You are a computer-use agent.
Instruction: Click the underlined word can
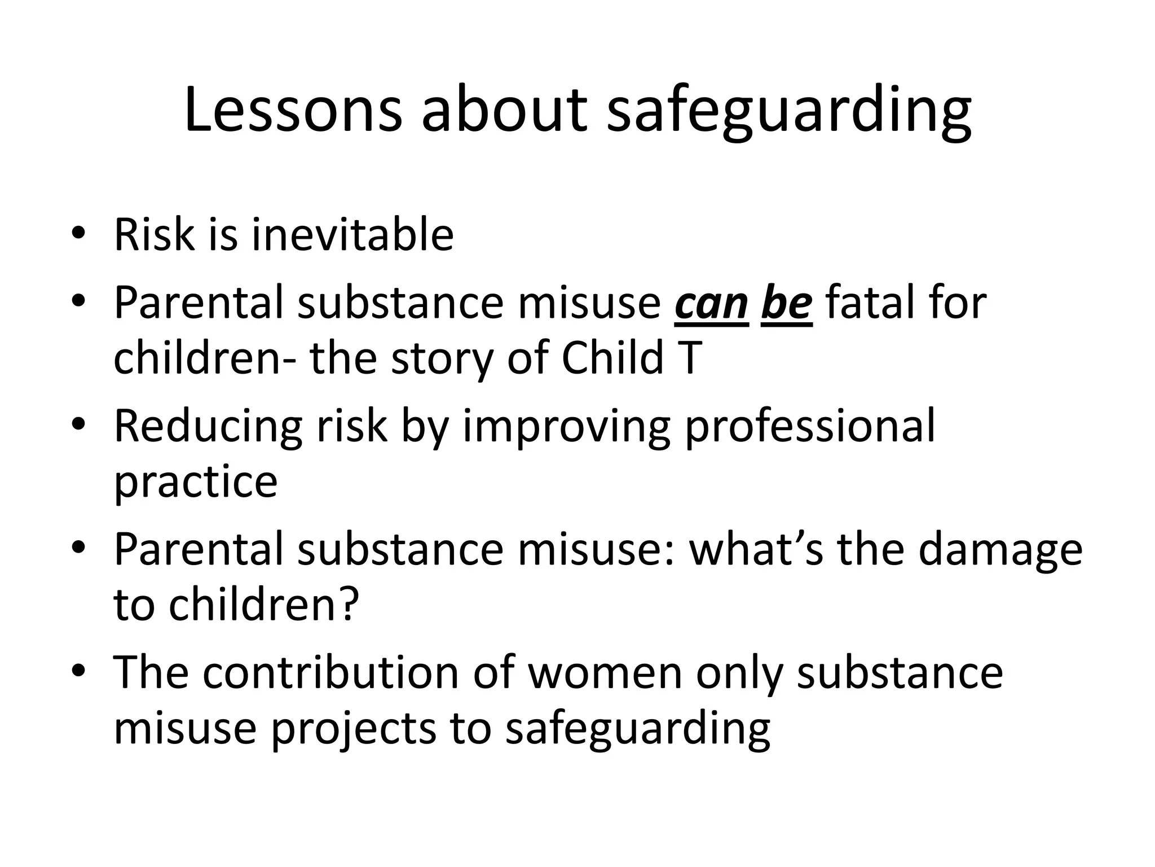click(711, 303)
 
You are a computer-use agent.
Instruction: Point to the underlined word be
click(787, 303)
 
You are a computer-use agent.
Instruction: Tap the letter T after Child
click(691, 358)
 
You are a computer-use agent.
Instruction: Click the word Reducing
click(208, 426)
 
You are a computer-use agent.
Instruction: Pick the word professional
click(810, 426)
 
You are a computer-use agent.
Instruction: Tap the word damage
click(1000, 549)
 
